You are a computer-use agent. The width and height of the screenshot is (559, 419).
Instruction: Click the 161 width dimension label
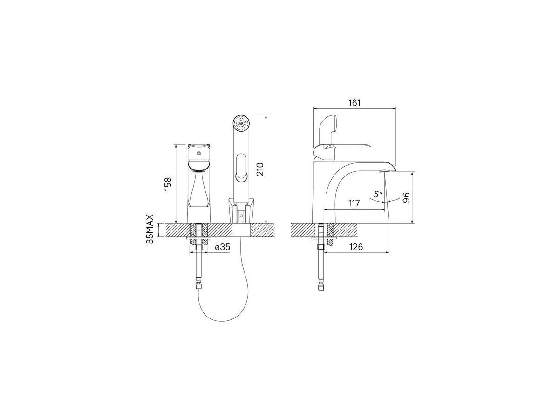coord(354,103)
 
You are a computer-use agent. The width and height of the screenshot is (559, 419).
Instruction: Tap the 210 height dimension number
coord(260,169)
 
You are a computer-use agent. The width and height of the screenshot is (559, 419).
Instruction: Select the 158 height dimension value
coord(168,184)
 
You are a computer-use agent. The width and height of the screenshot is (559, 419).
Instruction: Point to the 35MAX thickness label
coord(150,229)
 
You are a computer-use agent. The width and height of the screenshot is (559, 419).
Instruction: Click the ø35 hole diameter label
coord(223,247)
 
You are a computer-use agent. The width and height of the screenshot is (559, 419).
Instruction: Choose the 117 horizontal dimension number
coord(354,203)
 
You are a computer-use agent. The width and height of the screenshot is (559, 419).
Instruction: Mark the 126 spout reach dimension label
coord(356,247)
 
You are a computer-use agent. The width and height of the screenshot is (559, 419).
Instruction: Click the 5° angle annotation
coord(378,195)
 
